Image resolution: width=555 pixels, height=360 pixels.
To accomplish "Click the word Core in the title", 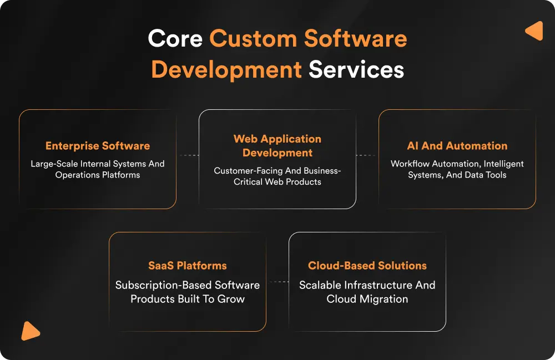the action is (175, 39).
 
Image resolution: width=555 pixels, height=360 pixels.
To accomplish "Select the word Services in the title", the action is (356, 70).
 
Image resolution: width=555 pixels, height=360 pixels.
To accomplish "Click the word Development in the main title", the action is (226, 70).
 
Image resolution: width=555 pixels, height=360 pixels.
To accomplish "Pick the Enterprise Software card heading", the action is (98, 146).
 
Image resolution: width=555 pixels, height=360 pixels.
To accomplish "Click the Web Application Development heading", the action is (277, 146).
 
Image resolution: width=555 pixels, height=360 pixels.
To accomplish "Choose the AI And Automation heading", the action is (457, 146).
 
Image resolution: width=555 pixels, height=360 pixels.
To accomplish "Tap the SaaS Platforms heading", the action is (188, 266).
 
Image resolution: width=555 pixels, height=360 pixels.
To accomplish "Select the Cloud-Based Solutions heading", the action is (367, 266).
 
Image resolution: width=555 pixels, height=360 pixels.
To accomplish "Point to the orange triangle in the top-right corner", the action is (534, 31).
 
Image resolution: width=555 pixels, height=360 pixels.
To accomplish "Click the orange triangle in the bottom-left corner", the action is (29, 331).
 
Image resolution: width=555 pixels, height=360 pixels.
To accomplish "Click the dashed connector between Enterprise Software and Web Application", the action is (188, 155).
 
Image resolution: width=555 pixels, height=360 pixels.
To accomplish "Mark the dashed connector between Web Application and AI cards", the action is (367, 155).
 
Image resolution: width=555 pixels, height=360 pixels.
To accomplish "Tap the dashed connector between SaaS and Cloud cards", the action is (277, 282).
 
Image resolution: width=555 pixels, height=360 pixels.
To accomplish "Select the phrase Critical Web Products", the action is (277, 182).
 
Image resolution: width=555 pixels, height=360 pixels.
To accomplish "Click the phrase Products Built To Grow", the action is (188, 299).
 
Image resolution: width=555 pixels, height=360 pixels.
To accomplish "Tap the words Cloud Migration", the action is (367, 299).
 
